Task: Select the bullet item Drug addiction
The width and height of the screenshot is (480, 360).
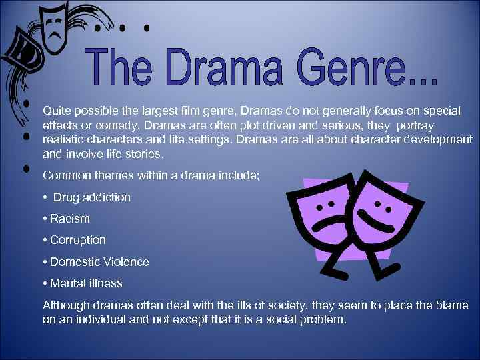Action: coord(91,197)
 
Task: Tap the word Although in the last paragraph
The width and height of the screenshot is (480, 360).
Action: coord(65,305)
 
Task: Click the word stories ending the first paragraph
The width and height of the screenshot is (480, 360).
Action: coord(141,154)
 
